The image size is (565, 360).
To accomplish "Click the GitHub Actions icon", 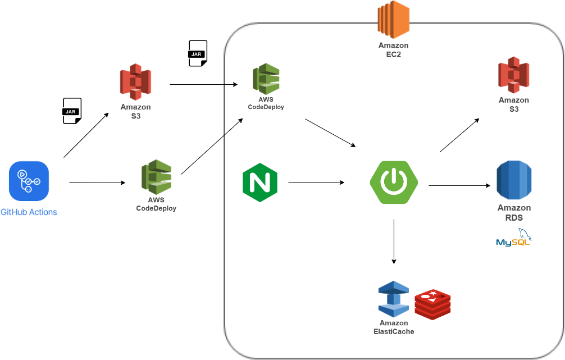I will click(x=29, y=181).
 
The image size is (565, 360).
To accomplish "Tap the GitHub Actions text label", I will click(x=29, y=212).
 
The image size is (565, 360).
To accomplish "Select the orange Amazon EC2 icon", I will click(x=393, y=20).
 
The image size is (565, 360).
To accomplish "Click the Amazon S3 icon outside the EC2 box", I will click(x=135, y=81).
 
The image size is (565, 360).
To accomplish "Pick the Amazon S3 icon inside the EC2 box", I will click(x=513, y=75).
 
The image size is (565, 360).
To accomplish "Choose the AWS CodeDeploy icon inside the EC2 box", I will click(x=266, y=78).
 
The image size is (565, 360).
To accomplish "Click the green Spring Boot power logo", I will click(x=394, y=181).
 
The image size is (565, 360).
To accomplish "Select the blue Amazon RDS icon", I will click(x=513, y=181).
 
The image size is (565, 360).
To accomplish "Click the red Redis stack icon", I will click(x=432, y=305).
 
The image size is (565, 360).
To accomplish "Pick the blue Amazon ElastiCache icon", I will click(x=393, y=299).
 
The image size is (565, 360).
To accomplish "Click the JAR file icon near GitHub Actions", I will click(x=72, y=111).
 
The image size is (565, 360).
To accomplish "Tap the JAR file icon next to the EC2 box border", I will click(x=198, y=53).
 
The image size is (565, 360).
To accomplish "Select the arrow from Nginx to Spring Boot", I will click(x=316, y=183).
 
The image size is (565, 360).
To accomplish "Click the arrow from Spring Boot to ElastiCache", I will click(x=394, y=241).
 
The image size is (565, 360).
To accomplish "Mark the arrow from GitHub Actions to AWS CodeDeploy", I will click(x=97, y=183).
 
